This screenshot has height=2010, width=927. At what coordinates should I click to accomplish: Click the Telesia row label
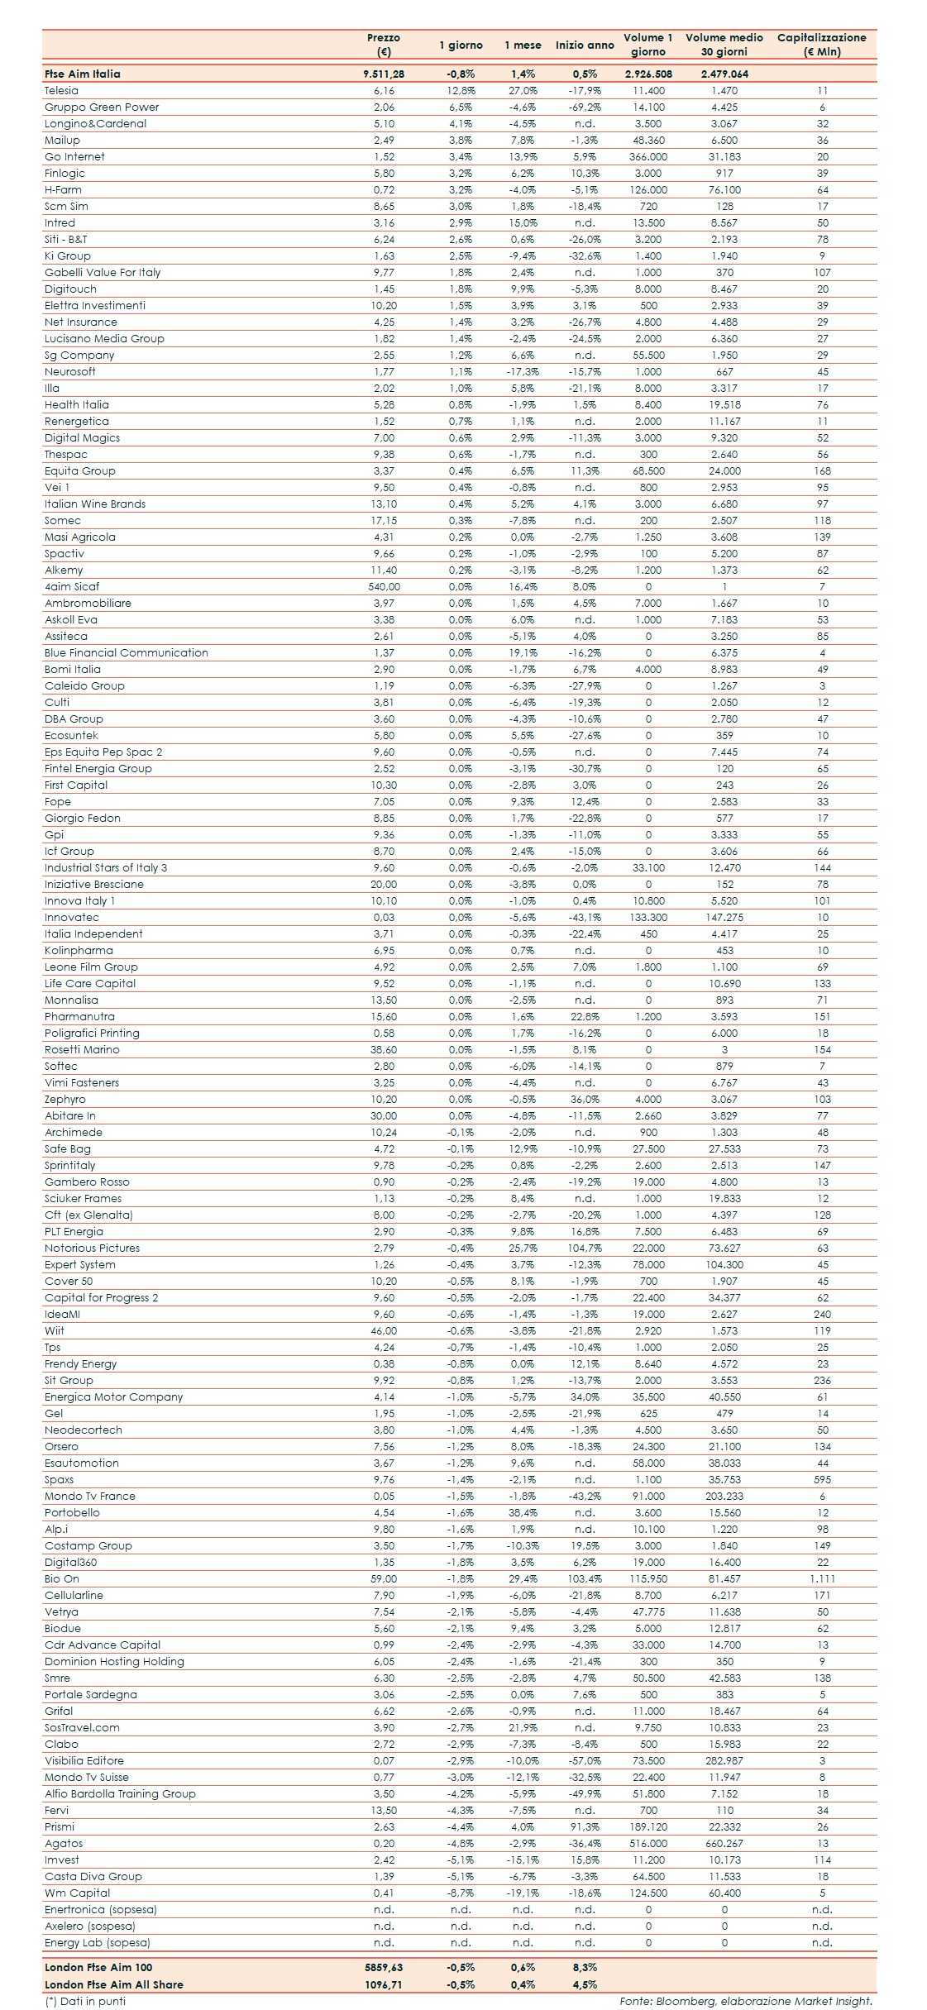tap(62, 91)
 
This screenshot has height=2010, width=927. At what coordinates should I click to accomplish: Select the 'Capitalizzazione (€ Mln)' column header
tap(821, 45)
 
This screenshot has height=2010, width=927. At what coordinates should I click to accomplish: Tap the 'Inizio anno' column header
tap(585, 45)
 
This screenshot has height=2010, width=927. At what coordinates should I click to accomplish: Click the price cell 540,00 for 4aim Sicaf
tap(384, 587)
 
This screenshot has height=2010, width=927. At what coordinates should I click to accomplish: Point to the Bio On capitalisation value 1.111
tap(822, 1579)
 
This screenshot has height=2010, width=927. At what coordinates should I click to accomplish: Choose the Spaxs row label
tap(60, 1480)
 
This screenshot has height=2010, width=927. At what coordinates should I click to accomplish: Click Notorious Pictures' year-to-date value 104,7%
tap(585, 1248)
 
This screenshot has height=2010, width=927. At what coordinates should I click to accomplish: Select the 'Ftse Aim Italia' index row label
tap(83, 74)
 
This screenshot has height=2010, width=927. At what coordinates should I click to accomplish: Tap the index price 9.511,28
tap(384, 74)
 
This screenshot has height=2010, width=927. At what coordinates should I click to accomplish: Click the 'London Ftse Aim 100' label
tap(98, 1967)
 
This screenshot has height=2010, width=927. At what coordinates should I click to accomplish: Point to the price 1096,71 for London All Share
tap(384, 1984)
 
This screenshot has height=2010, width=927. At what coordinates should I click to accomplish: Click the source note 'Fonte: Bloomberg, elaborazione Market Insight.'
tap(746, 2001)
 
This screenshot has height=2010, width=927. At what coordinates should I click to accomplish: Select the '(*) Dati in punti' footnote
tap(85, 2001)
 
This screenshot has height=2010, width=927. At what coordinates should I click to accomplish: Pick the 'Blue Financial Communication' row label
tap(127, 653)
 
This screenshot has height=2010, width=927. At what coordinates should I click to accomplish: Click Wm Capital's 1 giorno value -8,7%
tap(461, 1893)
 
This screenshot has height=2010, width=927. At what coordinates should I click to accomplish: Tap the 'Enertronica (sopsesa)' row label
tap(101, 1910)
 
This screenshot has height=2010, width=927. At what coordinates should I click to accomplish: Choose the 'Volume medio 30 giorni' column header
tap(724, 45)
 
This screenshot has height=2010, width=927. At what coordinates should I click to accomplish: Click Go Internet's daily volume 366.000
tap(648, 157)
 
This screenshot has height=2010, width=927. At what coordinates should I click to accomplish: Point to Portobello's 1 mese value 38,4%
tap(523, 1513)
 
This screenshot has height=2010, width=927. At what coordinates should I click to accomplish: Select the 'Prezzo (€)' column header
tap(384, 45)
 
